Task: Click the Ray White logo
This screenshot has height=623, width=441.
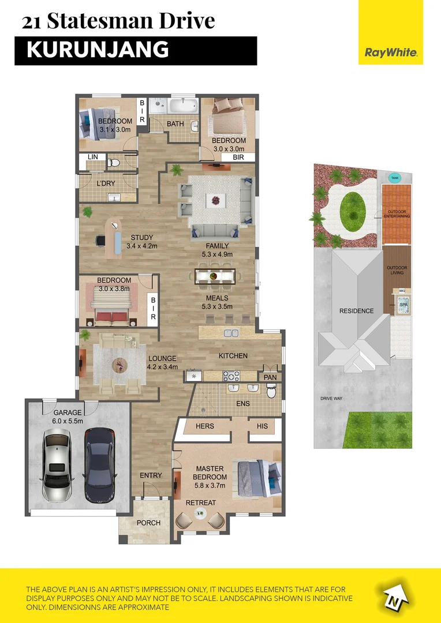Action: click(391, 52)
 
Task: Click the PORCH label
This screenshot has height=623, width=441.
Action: click(148, 523)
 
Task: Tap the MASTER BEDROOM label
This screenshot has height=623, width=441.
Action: click(211, 473)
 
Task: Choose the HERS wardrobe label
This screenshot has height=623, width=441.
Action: click(205, 426)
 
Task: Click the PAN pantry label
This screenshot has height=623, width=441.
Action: click(270, 377)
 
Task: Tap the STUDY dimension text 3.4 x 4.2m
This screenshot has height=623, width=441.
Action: click(142, 246)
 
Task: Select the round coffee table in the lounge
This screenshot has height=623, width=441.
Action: click(119, 363)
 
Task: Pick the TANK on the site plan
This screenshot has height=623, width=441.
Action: click(394, 178)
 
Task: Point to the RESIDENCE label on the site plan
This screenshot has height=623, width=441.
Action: click(356, 311)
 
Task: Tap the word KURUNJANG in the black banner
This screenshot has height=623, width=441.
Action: click(98, 50)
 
